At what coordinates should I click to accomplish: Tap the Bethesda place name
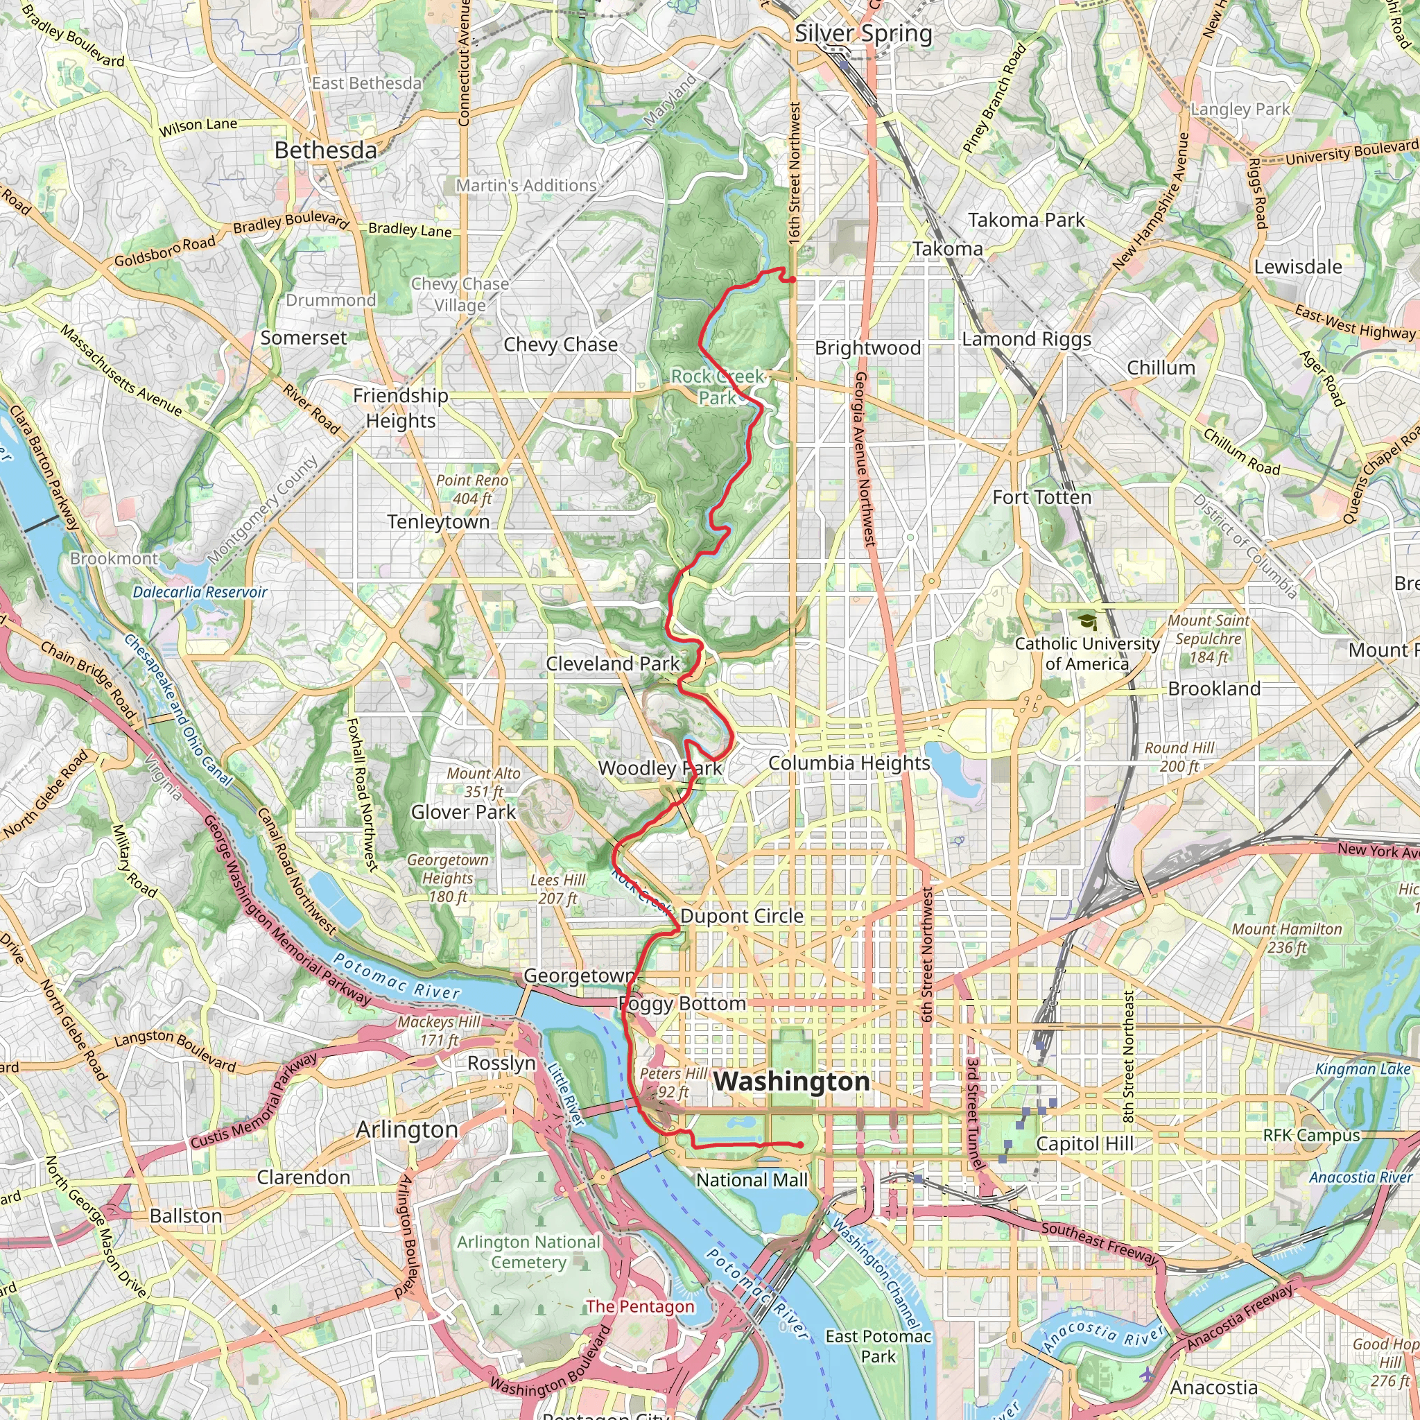click(326, 150)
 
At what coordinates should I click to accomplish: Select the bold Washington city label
click(792, 1081)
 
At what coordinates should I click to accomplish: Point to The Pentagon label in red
click(639, 1306)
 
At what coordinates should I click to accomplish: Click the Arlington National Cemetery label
click(528, 1252)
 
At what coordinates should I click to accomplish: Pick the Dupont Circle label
click(742, 917)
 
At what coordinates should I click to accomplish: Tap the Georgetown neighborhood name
click(578, 976)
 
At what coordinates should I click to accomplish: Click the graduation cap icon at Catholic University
click(1087, 623)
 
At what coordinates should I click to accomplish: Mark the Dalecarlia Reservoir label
click(200, 592)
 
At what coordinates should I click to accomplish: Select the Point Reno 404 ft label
click(472, 489)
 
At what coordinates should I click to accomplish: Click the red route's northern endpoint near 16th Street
click(793, 279)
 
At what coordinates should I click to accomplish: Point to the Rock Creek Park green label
click(718, 387)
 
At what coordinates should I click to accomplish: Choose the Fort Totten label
click(1041, 498)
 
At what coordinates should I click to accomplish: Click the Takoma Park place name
click(1026, 220)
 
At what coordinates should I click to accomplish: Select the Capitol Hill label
click(1085, 1144)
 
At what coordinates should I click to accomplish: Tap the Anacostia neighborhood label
click(1213, 1387)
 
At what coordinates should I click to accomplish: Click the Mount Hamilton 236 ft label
click(1287, 938)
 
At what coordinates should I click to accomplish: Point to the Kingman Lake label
click(1362, 1069)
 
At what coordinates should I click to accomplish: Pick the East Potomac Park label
click(878, 1347)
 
